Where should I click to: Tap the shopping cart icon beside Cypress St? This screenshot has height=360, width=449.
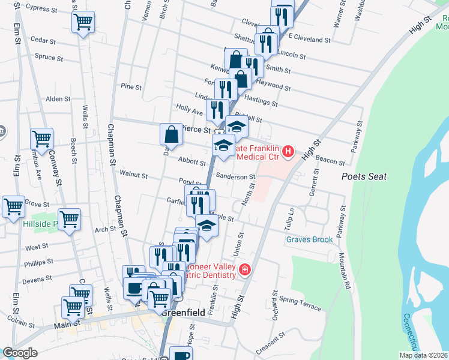pyautogui.click(x=83, y=23)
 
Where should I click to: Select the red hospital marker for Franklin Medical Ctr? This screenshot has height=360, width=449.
pyautogui.click(x=288, y=151)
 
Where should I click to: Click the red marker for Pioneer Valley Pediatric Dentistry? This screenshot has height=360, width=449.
pyautogui.click(x=244, y=271)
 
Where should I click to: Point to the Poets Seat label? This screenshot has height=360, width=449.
pyautogui.click(x=364, y=177)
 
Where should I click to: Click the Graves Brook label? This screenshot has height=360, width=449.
pyautogui.click(x=309, y=239)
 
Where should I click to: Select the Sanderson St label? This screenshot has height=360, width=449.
pyautogui.click(x=236, y=177)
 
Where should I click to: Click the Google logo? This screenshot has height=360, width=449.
pyautogui.click(x=20, y=353)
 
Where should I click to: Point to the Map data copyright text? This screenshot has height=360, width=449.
pyautogui.click(x=423, y=355)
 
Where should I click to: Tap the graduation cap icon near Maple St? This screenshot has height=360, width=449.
pyautogui.click(x=206, y=226)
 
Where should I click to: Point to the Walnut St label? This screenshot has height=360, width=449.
pyautogui.click(x=133, y=175)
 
